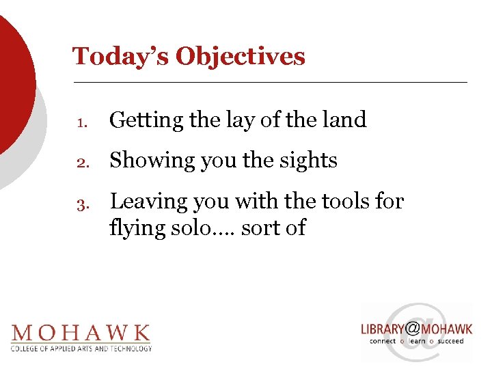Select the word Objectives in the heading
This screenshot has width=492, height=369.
[x=241, y=56]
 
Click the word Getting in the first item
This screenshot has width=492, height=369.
[x=146, y=120]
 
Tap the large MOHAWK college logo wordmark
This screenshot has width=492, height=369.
[x=81, y=333]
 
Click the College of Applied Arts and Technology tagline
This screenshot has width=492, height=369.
[x=81, y=348]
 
